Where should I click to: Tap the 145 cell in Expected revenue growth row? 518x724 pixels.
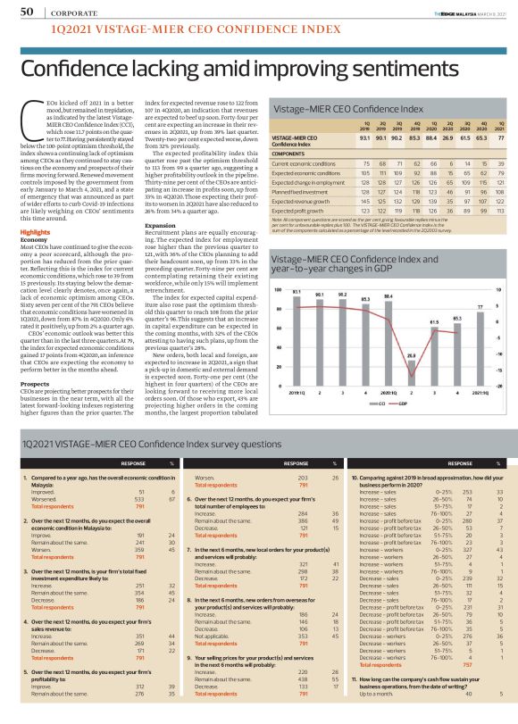tap(366, 201)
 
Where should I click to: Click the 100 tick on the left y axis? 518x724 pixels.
tap(276, 265)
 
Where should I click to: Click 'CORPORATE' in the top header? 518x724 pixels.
tap(63, 12)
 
